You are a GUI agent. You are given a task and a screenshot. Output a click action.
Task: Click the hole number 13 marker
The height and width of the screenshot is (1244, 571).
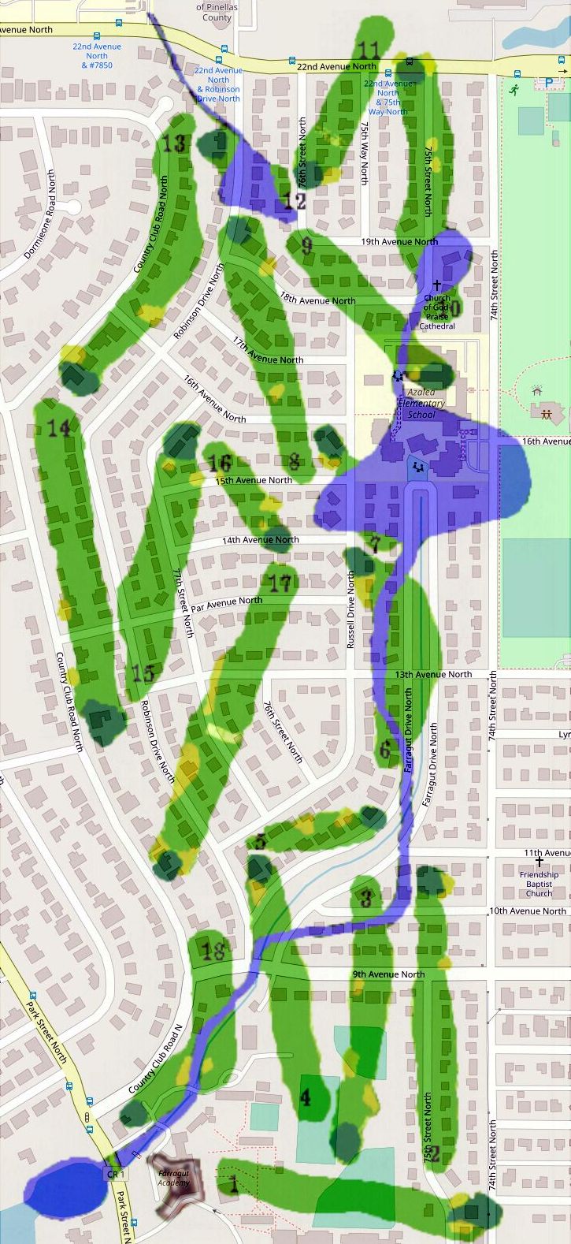coord(174,143)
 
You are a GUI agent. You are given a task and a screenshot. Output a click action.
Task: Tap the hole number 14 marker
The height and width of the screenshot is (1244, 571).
coord(59,428)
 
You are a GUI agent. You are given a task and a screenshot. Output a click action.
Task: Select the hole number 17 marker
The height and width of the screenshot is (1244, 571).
coord(280,583)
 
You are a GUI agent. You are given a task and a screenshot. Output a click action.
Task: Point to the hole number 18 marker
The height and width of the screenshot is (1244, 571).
coord(213,951)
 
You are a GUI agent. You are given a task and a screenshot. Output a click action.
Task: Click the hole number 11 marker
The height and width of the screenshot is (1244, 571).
coord(369,50)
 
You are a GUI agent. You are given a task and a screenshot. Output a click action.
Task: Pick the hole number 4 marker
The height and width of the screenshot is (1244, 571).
coord(306,1097)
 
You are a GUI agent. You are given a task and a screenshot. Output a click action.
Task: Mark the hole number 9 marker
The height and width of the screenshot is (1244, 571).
coord(306,246)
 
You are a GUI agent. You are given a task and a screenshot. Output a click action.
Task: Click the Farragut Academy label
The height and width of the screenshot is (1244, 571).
coord(173,1178)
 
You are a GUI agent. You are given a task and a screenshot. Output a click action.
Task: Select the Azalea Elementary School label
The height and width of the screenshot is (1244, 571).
coord(421,404)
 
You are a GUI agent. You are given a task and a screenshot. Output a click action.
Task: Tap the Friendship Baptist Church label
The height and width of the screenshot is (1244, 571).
coord(539,883)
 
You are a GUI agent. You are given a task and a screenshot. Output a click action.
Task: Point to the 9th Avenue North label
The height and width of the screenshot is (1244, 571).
coord(388,974)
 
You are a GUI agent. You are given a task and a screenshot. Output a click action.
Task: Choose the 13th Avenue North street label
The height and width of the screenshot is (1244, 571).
coord(433,674)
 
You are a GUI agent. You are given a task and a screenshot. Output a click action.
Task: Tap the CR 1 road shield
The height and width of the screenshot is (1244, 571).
coord(114,1174)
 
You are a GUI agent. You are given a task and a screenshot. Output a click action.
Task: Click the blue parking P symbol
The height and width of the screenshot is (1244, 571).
coord(548,82)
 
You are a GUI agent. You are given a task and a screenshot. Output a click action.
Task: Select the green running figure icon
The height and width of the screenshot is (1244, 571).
coord(514,90)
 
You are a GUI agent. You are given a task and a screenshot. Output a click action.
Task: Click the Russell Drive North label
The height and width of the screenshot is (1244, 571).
coord(351,611)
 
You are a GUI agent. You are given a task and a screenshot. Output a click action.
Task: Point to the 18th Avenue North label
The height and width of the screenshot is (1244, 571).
coord(317,300)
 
